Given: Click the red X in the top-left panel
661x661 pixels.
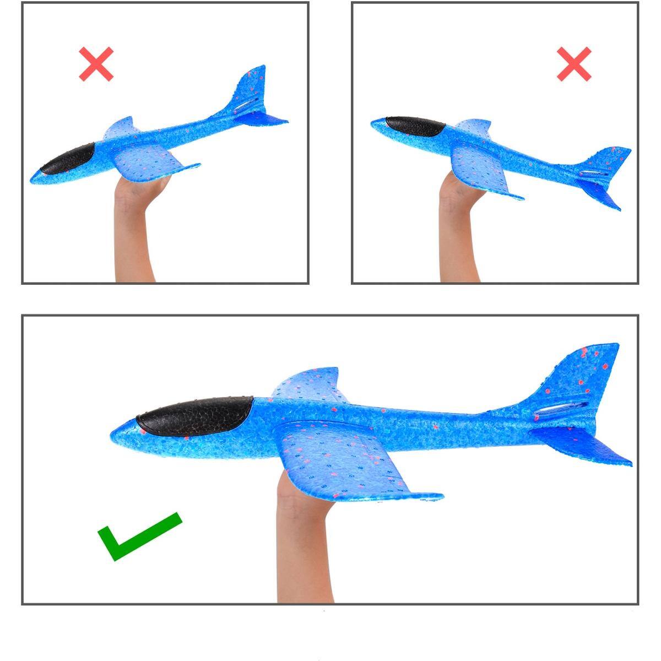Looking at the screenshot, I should [x=96, y=64].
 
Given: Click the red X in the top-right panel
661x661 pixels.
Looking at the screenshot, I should [x=573, y=64].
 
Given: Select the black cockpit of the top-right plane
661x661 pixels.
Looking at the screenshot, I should [x=416, y=127].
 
